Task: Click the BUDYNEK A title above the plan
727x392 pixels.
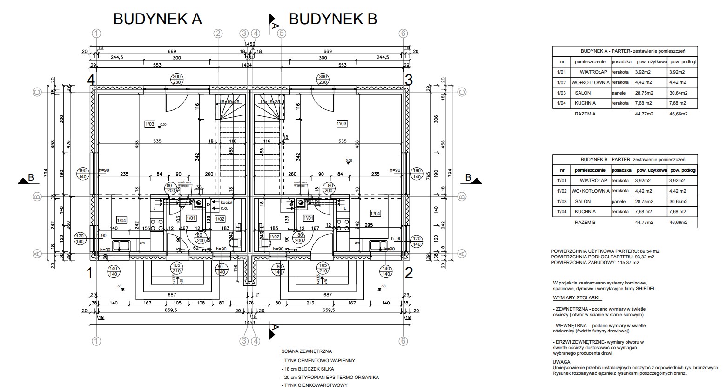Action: tap(157, 19)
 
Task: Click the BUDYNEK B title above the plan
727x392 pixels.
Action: tap(333, 19)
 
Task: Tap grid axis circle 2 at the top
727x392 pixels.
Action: tap(218, 34)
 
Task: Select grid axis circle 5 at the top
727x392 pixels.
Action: tap(282, 34)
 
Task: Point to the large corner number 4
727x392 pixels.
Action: tap(91, 80)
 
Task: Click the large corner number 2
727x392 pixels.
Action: tap(409, 273)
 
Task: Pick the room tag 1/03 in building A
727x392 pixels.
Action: tap(150, 124)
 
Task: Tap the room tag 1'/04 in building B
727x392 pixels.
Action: tap(375, 214)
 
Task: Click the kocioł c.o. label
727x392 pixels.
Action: tap(226, 205)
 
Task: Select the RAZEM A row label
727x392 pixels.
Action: tap(585, 114)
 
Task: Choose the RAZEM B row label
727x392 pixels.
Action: tap(585, 222)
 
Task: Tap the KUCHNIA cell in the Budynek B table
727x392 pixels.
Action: tap(585, 212)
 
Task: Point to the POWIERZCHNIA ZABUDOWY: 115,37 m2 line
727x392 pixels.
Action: tap(595, 262)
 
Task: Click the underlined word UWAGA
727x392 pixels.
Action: tap(561, 362)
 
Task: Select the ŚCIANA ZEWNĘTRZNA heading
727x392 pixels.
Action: tap(307, 351)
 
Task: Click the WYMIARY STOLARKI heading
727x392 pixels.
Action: tap(577, 297)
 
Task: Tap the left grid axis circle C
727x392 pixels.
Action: tap(38, 92)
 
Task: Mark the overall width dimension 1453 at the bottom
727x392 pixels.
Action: tap(249, 322)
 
